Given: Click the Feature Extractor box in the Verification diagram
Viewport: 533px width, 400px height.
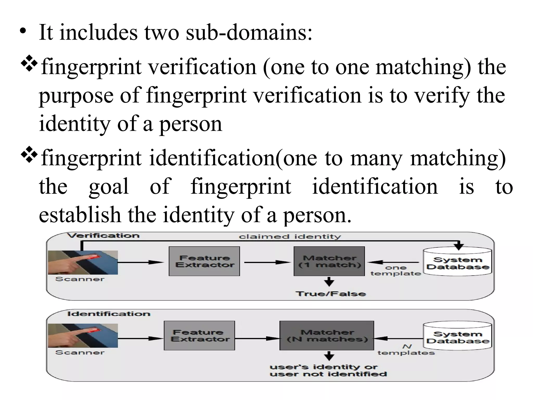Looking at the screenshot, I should point(204,261).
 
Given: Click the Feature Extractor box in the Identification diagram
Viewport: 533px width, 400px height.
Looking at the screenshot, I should point(199,335).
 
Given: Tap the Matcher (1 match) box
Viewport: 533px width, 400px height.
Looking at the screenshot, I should point(329,261).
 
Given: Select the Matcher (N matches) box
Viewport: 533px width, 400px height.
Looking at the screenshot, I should point(327,335).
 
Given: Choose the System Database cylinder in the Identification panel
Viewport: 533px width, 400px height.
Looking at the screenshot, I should point(458,336).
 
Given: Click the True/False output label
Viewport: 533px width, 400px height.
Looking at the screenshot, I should point(331,294).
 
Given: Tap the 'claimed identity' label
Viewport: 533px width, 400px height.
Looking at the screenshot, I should point(290,236).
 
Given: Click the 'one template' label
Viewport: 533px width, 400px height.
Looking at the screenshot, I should point(396,271).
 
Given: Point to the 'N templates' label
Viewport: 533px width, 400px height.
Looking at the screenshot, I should point(406,350).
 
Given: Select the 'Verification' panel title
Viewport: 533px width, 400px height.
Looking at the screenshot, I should point(103,236).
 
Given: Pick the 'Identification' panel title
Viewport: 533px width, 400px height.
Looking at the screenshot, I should point(109,314).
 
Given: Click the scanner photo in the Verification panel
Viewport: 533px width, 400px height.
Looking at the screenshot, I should point(83,262).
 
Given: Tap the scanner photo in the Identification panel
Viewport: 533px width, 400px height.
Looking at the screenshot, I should point(83,336).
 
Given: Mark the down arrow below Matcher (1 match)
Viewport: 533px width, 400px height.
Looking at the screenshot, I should point(329,282).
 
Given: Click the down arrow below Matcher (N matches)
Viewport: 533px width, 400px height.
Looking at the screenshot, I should point(329,356).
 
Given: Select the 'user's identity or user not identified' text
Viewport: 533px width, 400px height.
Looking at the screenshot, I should point(328,371).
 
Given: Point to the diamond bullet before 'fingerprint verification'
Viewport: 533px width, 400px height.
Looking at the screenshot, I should point(29,63).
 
